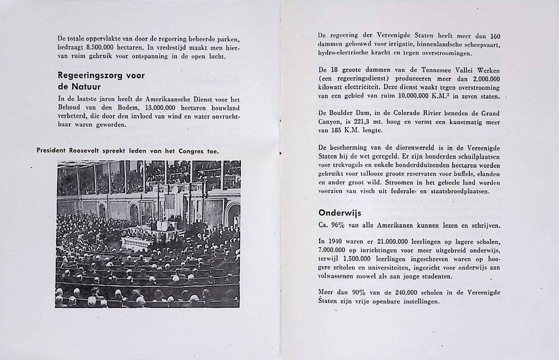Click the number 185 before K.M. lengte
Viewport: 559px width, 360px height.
[x=337, y=131]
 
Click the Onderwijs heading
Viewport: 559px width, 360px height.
[x=340, y=212]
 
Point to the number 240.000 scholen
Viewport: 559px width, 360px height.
[x=408, y=292]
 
